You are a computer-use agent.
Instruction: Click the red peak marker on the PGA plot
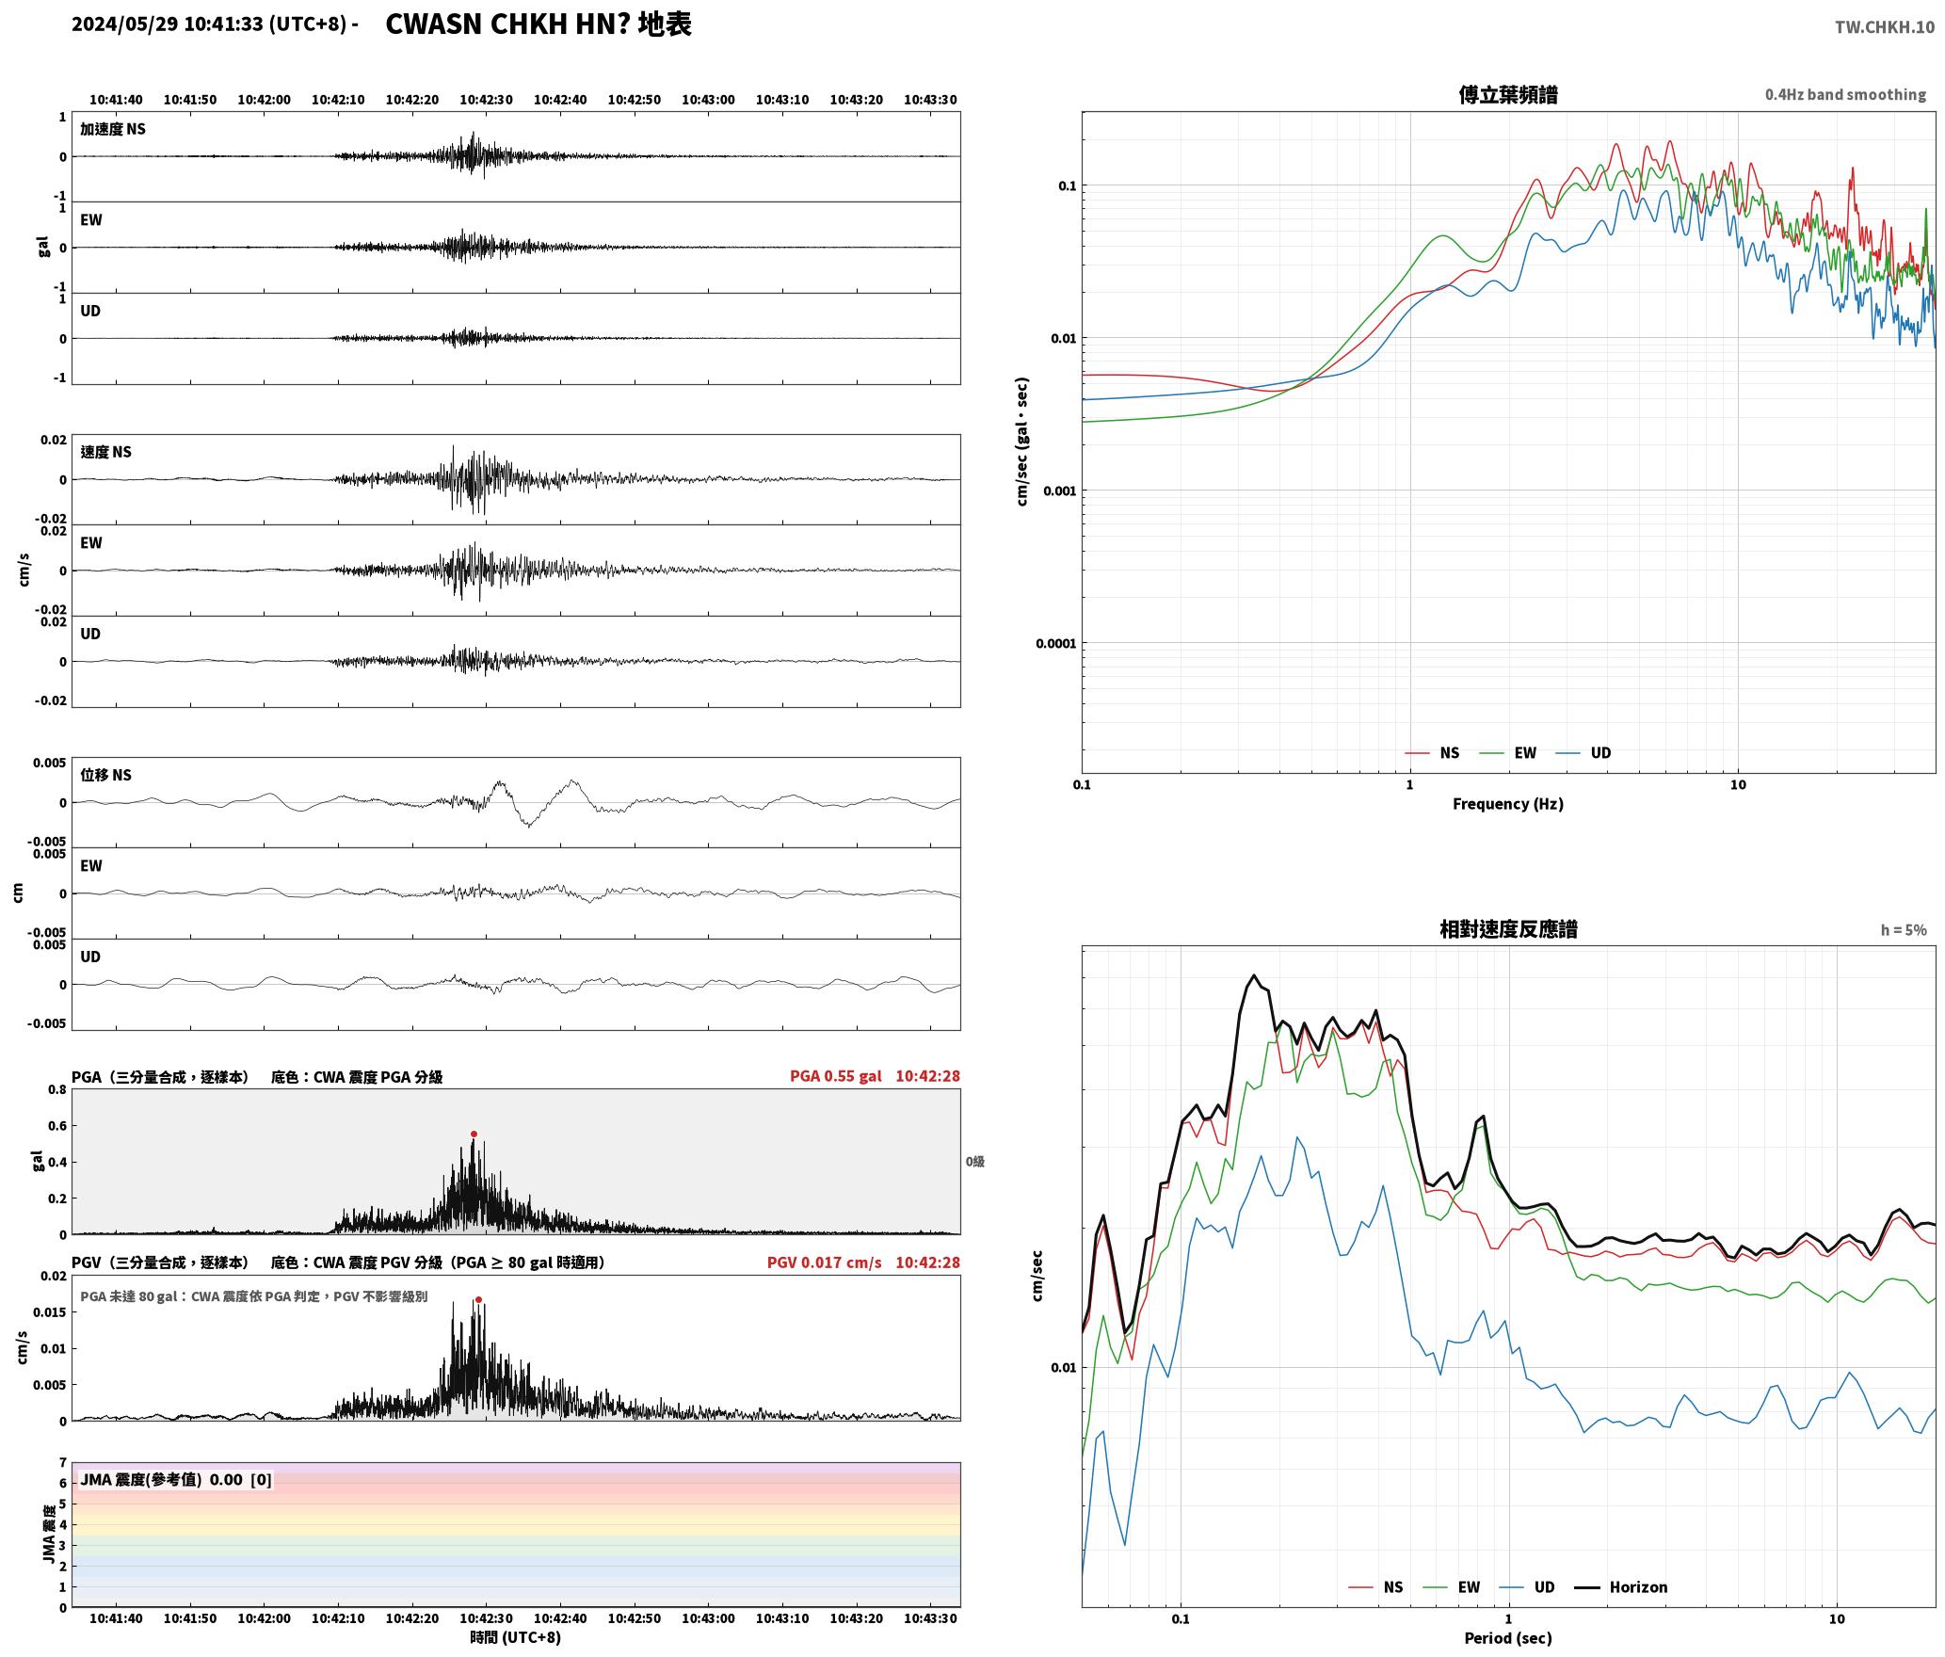(x=474, y=1134)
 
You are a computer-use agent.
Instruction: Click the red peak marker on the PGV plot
(x=478, y=1300)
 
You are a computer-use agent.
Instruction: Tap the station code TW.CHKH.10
(x=1885, y=26)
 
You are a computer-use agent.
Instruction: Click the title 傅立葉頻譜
(x=1508, y=94)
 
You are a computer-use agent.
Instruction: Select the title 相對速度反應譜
(x=1508, y=929)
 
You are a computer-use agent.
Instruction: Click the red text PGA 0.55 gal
(x=836, y=1076)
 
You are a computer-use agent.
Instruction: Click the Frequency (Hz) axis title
(x=1508, y=804)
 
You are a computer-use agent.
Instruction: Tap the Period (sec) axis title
(x=1508, y=1638)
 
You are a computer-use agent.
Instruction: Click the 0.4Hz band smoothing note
(x=1845, y=95)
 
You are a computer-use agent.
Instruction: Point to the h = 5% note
(x=1904, y=930)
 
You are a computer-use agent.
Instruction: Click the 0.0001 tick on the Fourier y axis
(x=1055, y=644)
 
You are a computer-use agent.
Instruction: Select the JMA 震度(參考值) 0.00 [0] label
(x=176, y=1479)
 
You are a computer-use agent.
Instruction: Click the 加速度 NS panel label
(x=113, y=129)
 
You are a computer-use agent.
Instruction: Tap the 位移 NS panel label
(x=105, y=775)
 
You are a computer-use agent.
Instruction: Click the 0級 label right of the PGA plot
(x=975, y=1162)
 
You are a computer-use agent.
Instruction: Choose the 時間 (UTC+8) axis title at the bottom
(x=516, y=1637)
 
